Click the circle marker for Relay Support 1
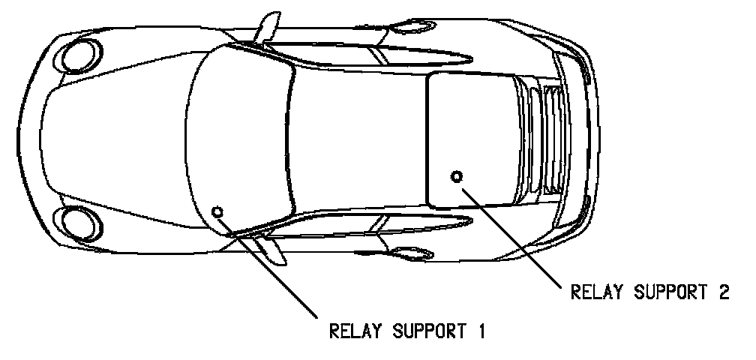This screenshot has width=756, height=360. click(218, 211)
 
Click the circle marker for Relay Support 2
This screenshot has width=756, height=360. click(457, 176)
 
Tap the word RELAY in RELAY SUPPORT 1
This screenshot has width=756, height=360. click(353, 330)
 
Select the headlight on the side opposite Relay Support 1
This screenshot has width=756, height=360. click(77, 54)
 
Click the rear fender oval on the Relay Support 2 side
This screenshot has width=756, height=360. click(415, 252)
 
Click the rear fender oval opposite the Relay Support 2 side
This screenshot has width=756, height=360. click(415, 28)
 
